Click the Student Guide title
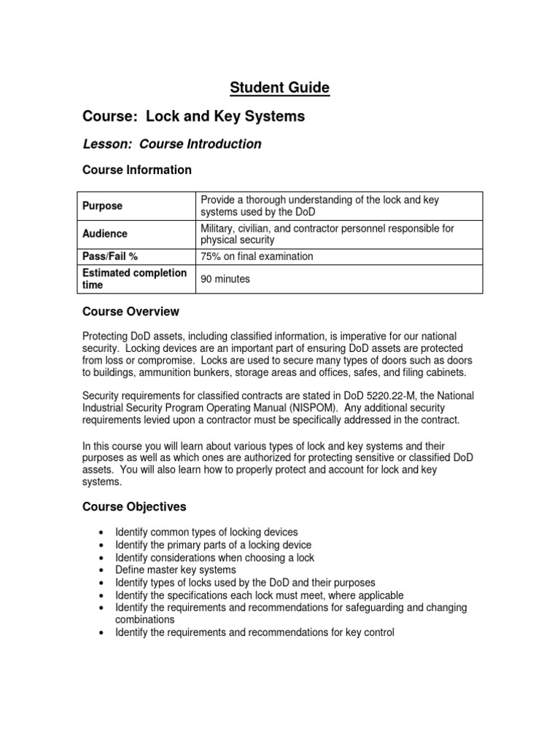pyautogui.click(x=280, y=88)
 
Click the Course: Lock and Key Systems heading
pyautogui.click(x=193, y=117)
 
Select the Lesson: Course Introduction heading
pyautogui.click(x=171, y=144)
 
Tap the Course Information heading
pyautogui.click(x=137, y=170)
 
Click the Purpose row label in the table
pyautogui.click(x=103, y=206)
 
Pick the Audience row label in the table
pyautogui.click(x=105, y=234)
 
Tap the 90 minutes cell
pyautogui.click(x=225, y=279)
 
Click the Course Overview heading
pyautogui.click(x=131, y=312)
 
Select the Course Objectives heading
pyautogui.click(x=134, y=506)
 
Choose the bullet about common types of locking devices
pyautogui.click(x=206, y=533)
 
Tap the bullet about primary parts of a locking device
pyautogui.click(x=213, y=545)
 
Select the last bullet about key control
pyautogui.click(x=254, y=632)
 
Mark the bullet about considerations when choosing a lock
pyautogui.click(x=214, y=558)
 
